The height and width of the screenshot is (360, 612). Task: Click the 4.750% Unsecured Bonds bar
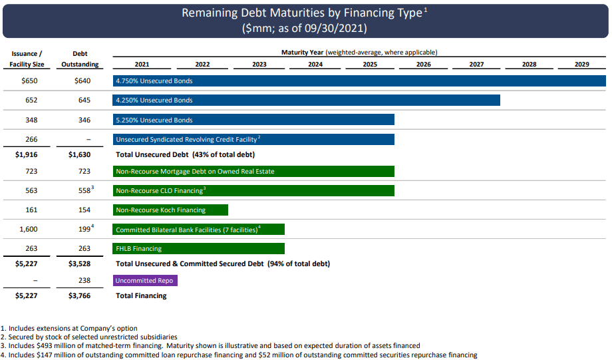(x=359, y=81)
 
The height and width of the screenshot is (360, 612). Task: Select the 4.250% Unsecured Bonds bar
(x=307, y=100)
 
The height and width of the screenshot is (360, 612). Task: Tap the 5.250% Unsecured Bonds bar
(x=253, y=120)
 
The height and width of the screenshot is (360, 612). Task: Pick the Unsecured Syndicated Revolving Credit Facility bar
(x=253, y=140)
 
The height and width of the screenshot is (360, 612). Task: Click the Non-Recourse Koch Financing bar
(x=170, y=210)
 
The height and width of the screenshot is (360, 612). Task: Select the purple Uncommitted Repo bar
(x=145, y=281)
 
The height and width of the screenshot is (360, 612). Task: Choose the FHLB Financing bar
(x=199, y=249)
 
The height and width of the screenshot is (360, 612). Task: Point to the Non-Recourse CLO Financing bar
(x=253, y=191)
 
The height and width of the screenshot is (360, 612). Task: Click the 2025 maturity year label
(x=370, y=65)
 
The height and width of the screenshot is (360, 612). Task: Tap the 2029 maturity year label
(x=581, y=65)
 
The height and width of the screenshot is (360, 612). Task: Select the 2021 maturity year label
(x=142, y=65)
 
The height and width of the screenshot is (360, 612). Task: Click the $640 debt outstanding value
(x=82, y=81)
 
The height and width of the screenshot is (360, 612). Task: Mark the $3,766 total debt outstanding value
(x=80, y=295)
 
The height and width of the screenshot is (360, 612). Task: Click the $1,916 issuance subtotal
(x=27, y=154)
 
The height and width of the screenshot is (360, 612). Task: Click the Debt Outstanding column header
(x=80, y=59)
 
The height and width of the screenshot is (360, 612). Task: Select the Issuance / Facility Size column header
(x=27, y=59)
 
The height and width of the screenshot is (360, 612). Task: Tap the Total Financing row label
(x=141, y=295)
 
